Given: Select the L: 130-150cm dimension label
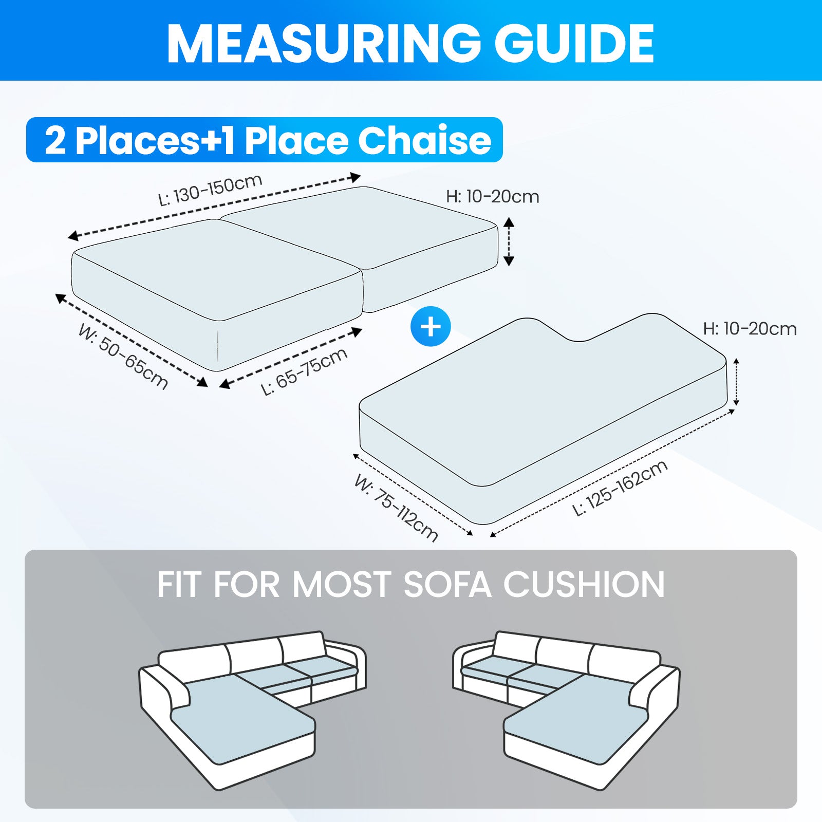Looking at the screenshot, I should tap(210, 190).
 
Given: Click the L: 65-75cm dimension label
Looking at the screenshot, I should tap(304, 371).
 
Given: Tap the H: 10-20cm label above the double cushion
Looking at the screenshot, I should tap(492, 197).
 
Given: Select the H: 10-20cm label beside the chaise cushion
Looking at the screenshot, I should tap(750, 329).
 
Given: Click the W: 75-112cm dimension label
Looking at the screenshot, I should tap(396, 508).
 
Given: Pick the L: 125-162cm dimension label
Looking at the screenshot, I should tap(620, 488).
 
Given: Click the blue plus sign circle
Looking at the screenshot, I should tap(431, 327).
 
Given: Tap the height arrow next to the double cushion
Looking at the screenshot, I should tap(509, 241).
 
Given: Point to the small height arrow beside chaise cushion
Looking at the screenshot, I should tap(736, 382).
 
